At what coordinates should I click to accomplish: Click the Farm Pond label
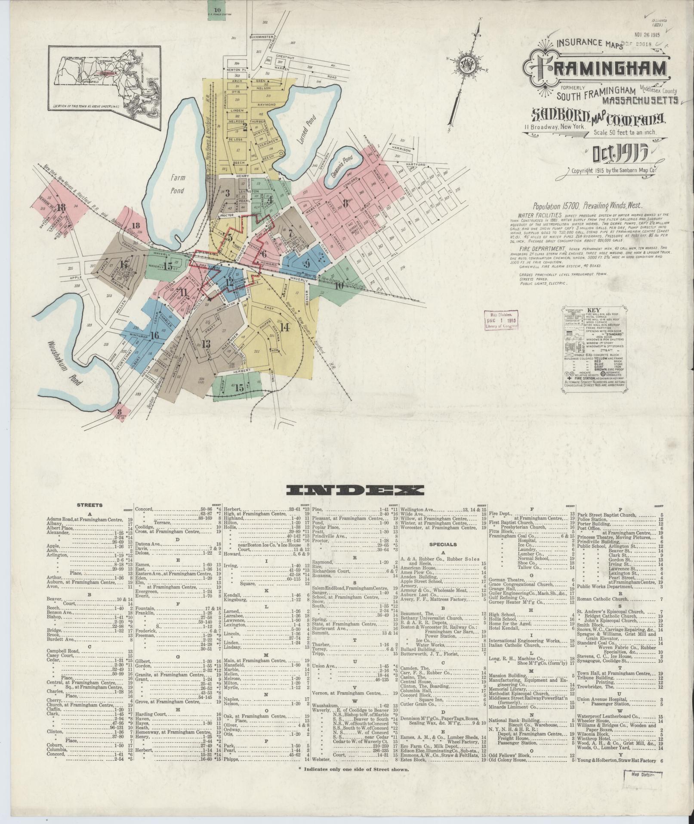176,184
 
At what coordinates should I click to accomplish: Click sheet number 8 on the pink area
345,201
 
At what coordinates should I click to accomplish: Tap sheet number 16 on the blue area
155,336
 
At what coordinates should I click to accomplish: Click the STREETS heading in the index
89,505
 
